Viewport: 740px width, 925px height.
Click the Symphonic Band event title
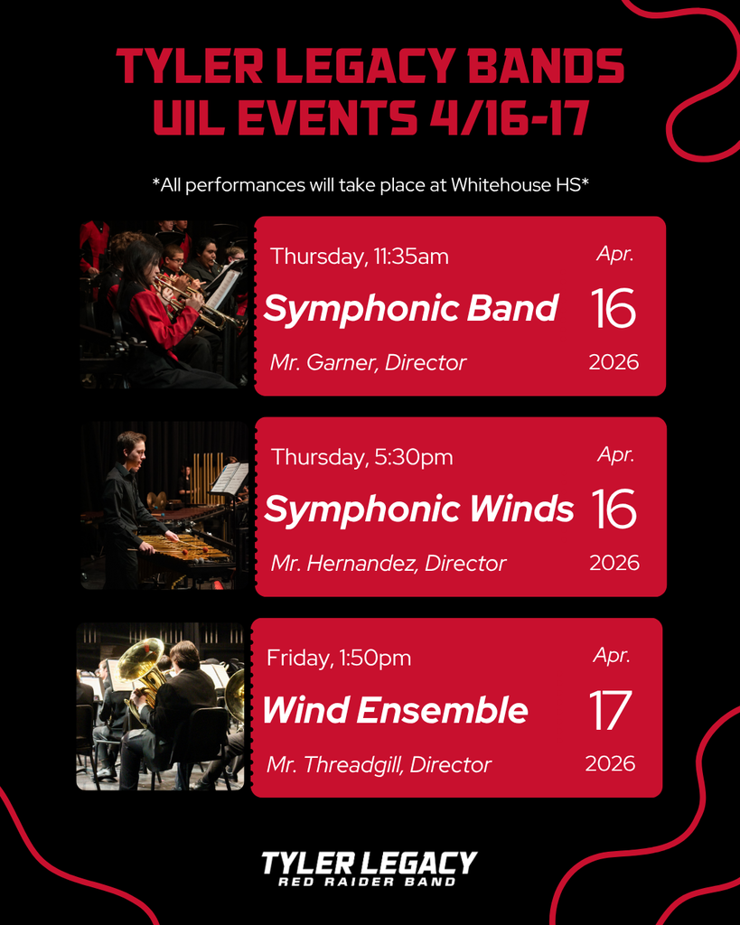point(411,309)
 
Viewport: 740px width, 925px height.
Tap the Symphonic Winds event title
point(418,509)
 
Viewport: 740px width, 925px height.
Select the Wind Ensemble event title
point(395,710)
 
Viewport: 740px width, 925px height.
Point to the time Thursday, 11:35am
point(360,257)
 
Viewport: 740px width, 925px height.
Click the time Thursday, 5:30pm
point(361,457)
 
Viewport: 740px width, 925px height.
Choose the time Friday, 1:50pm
point(339,658)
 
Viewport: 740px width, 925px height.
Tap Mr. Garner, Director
point(368,363)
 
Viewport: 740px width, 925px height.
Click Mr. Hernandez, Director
point(389,564)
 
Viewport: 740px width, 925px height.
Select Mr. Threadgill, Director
point(379,765)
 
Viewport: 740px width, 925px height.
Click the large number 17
point(610,711)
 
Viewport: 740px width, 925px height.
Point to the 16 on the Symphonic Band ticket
point(614,309)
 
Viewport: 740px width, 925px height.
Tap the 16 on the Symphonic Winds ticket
point(614,509)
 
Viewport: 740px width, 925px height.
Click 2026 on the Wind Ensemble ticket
point(610,764)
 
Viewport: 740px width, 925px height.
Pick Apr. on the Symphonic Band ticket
point(614,254)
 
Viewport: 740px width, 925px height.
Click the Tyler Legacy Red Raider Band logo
point(369,868)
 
